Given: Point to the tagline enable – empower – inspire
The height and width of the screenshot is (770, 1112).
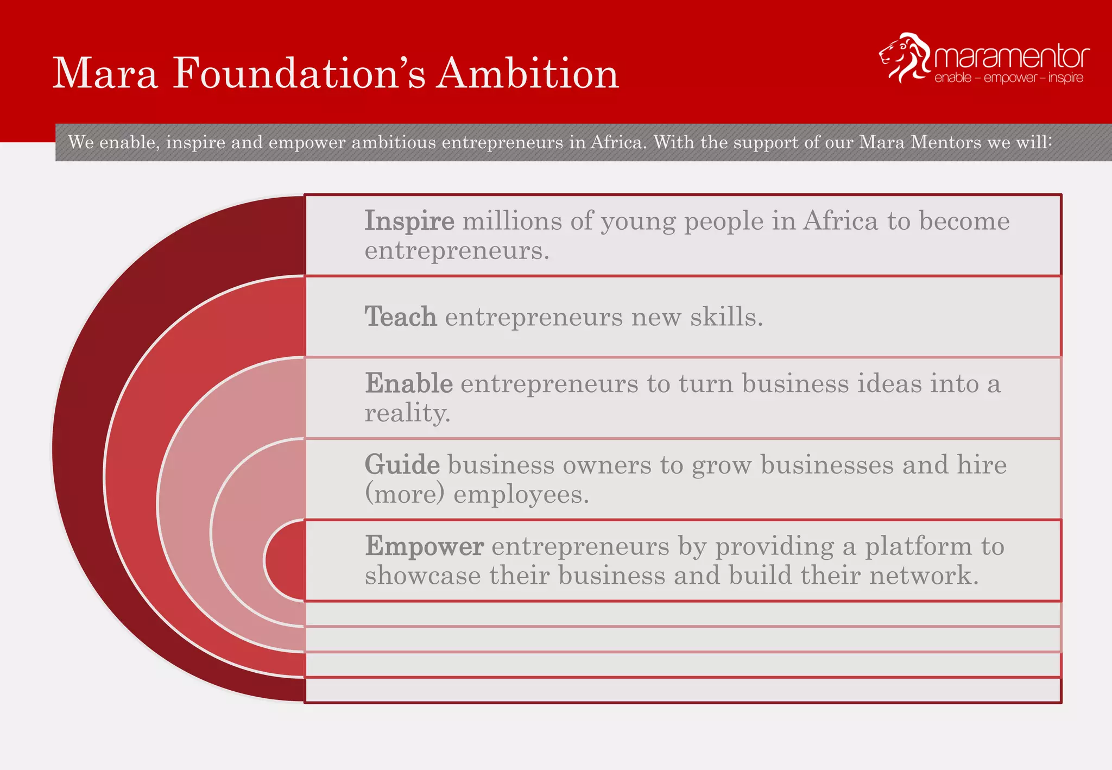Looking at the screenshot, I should click(x=1009, y=78).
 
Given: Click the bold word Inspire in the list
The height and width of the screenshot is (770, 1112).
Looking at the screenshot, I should click(x=409, y=221).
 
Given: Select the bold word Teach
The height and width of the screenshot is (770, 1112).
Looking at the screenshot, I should click(x=401, y=317).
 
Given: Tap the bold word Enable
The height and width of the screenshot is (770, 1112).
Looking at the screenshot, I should click(x=408, y=383).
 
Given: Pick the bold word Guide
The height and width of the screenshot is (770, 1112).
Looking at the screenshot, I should click(x=402, y=465).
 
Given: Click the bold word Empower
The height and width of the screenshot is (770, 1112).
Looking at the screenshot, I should click(x=424, y=546).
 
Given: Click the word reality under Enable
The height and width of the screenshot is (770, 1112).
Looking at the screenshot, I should click(x=406, y=414).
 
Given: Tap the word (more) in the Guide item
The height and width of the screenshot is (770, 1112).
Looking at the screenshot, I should click(x=405, y=494).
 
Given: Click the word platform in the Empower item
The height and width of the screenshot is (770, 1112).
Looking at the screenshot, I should click(x=918, y=546).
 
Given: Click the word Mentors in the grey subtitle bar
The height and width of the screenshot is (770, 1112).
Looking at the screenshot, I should click(x=946, y=142).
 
